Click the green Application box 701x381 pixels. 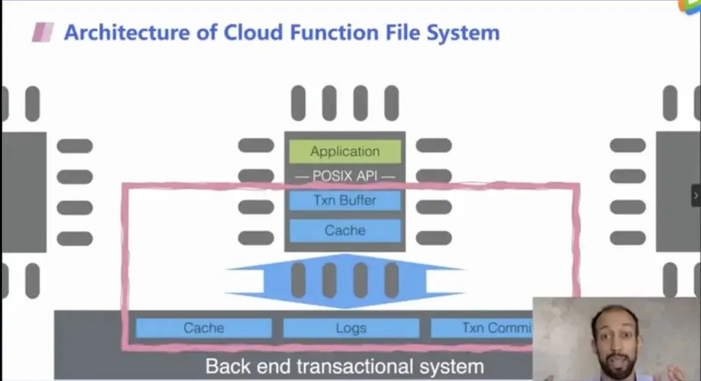tap(345, 152)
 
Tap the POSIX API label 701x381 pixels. tap(345, 176)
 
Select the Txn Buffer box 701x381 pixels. tap(345, 200)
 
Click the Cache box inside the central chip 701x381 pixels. tap(345, 230)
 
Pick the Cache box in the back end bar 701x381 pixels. tap(204, 328)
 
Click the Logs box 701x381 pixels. tap(351, 328)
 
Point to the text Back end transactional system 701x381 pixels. tap(345, 366)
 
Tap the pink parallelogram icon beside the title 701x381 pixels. tap(43, 32)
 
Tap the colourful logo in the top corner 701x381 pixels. tap(690, 5)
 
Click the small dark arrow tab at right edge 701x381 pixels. tap(696, 195)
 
